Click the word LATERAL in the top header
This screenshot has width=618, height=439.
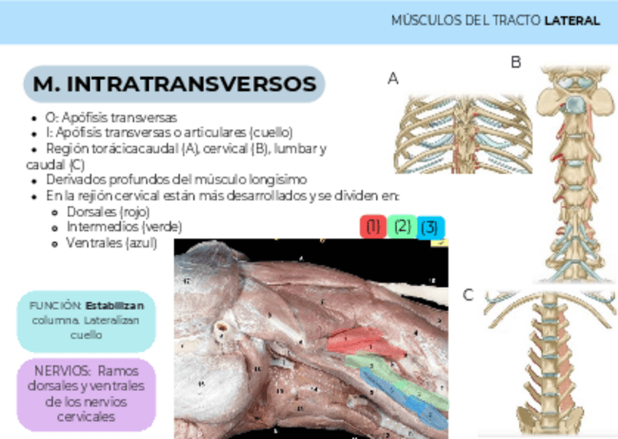click(572, 20)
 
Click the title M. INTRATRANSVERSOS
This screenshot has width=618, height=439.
click(175, 84)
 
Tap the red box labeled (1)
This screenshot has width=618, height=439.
click(373, 226)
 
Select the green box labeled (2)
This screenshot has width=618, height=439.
click(402, 226)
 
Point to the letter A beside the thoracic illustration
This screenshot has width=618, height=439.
click(393, 79)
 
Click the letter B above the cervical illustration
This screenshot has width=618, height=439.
click(516, 63)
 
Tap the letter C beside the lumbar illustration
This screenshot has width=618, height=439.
click(468, 295)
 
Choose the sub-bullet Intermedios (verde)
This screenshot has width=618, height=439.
click(124, 227)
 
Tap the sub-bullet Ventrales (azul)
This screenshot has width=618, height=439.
click(111, 243)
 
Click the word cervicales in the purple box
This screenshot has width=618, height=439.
click(86, 417)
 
